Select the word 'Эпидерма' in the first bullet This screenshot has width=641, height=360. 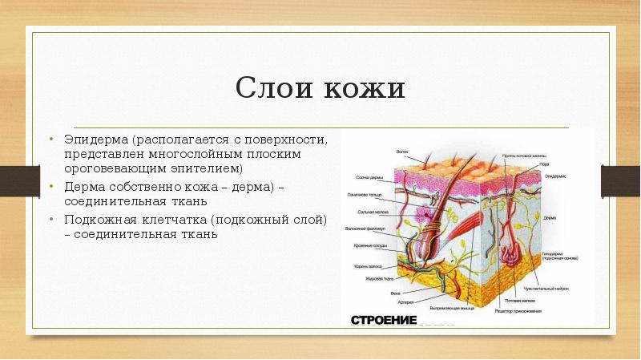(x=97, y=140)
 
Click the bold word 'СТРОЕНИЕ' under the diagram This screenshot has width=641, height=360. (x=384, y=319)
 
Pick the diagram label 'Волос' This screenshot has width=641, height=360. (x=403, y=151)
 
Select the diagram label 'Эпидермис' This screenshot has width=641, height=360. (x=556, y=173)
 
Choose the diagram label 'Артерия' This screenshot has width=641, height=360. (x=408, y=301)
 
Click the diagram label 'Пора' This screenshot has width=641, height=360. (x=544, y=164)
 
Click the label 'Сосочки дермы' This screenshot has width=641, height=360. (x=368, y=177)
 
